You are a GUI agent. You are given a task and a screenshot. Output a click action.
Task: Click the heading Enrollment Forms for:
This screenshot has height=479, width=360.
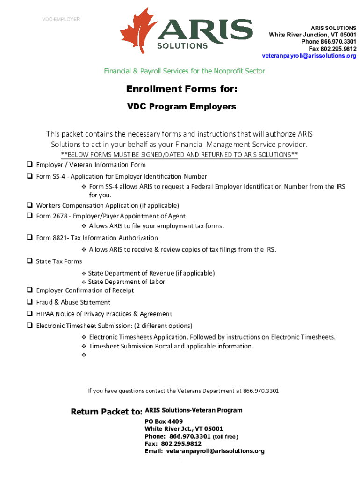182,89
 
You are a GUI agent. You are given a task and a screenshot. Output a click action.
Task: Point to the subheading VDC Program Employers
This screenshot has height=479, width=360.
182,107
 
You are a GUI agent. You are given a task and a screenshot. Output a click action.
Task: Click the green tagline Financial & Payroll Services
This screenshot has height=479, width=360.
184,71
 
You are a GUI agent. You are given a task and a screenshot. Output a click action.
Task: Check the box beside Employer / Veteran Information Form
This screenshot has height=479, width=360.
29,165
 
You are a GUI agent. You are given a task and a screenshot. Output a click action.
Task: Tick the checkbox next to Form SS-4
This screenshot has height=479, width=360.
29,177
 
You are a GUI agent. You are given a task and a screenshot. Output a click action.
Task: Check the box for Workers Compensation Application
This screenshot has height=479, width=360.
29,205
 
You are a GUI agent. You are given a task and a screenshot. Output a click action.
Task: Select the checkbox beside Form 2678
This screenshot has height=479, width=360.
29,216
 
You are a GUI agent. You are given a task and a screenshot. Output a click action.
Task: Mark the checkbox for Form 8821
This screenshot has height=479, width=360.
29,238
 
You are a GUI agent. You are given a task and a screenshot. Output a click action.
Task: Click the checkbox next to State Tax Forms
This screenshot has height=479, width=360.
29,261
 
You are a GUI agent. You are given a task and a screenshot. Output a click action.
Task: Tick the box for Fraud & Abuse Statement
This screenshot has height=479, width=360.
29,302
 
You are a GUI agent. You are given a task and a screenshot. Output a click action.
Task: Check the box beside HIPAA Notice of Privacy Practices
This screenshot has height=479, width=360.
29,314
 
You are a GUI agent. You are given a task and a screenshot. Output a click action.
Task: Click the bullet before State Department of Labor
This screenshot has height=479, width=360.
84,282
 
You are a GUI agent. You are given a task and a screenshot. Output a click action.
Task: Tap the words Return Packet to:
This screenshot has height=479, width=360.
106,412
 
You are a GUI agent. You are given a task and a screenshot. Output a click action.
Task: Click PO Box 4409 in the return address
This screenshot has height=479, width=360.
160,421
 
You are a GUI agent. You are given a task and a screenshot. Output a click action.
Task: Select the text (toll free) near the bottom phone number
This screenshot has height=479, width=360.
225,436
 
